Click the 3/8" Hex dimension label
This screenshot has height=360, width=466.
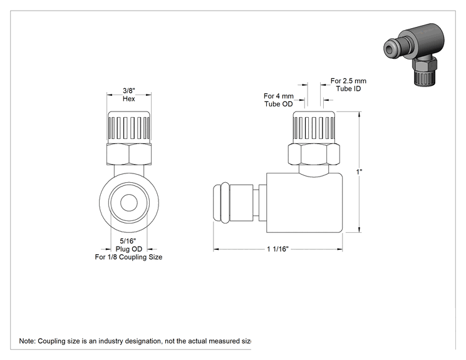coord(129,95)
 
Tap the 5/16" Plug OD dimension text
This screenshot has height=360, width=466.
coord(128,245)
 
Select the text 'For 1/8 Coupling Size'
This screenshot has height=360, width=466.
coord(128,257)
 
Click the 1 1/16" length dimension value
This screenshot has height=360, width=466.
coord(278,249)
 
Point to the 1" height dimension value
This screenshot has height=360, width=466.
coord(359,172)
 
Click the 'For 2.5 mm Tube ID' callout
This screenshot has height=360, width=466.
coord(348,85)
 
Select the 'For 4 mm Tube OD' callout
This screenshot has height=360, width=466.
coord(279,100)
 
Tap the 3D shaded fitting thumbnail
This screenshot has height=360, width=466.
coord(414,54)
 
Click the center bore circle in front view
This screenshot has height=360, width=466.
coord(129,203)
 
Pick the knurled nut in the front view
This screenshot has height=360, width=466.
coord(129,127)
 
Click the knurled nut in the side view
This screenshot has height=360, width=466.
coord(314,127)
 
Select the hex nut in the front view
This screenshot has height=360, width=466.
coord(129,154)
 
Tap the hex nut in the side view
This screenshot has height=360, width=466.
coord(314,154)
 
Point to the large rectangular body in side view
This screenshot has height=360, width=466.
coord(304,203)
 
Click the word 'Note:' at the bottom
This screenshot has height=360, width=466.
coord(27,341)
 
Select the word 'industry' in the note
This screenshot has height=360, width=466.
coord(111,341)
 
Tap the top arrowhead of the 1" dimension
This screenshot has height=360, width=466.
coord(360,115)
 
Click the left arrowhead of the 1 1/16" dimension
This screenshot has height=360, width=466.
coord(216,250)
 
